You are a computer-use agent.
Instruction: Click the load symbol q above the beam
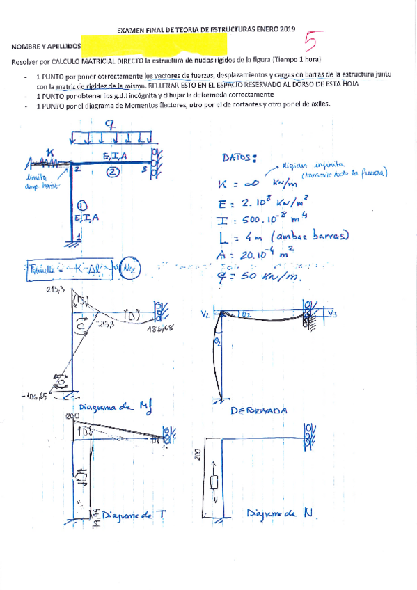(x=110, y=125)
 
